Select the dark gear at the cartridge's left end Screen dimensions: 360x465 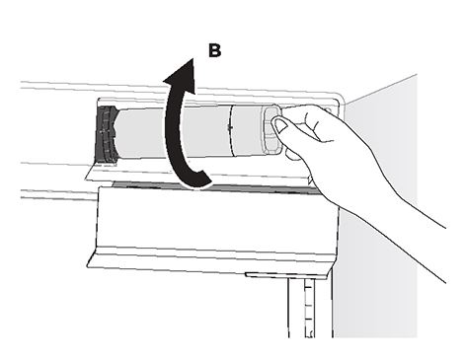pos(105,135)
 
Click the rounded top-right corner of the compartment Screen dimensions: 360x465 pos(339,98)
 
